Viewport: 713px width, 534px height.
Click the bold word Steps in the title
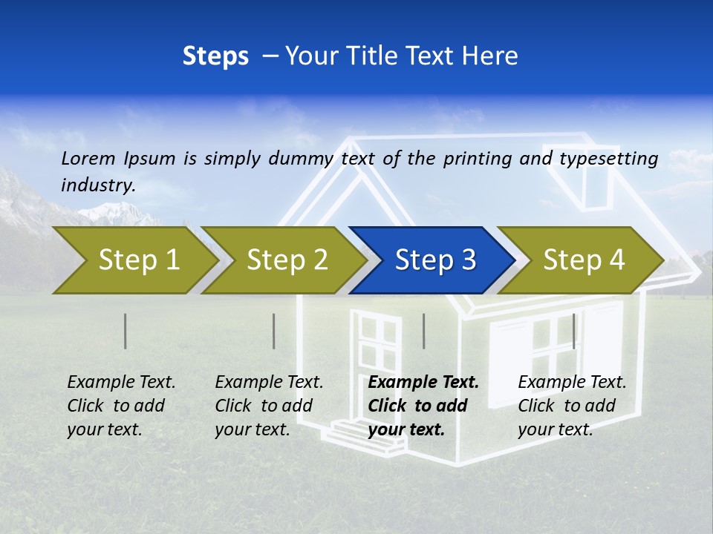[215, 56]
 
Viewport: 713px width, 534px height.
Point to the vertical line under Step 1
[126, 331]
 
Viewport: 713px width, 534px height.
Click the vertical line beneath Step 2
[274, 331]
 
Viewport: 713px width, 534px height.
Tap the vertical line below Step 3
[424, 331]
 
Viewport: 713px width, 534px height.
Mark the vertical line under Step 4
[574, 331]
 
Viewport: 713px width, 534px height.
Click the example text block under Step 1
[121, 406]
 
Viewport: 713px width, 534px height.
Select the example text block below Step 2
[269, 406]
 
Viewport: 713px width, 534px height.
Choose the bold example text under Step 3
[423, 406]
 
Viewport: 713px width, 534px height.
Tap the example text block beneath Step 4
[572, 406]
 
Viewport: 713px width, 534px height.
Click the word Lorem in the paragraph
[88, 158]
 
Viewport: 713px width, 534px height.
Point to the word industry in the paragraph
[97, 185]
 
